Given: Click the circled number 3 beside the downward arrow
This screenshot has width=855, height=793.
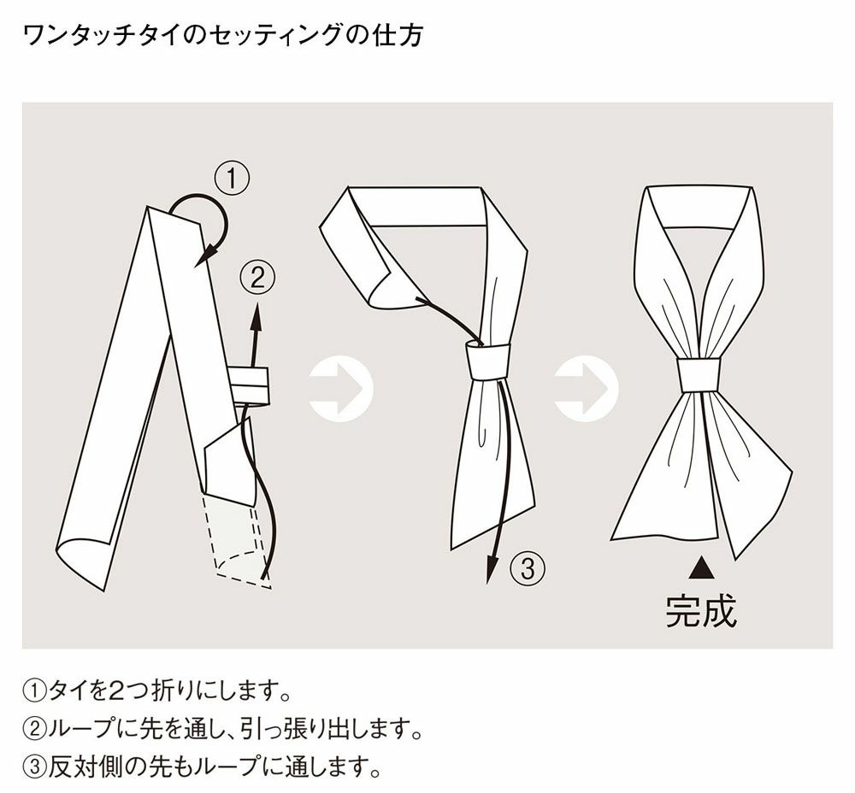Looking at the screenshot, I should (x=527, y=567).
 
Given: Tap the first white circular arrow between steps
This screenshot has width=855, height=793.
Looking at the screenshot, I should (x=340, y=389).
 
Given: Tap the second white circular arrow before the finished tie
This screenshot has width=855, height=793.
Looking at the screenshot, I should (x=587, y=389).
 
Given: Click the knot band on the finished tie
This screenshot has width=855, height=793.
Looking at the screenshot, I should (x=699, y=374).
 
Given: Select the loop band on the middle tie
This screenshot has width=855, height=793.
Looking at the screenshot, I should (x=488, y=361).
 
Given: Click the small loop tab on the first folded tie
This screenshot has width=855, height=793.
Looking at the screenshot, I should (x=250, y=384).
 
